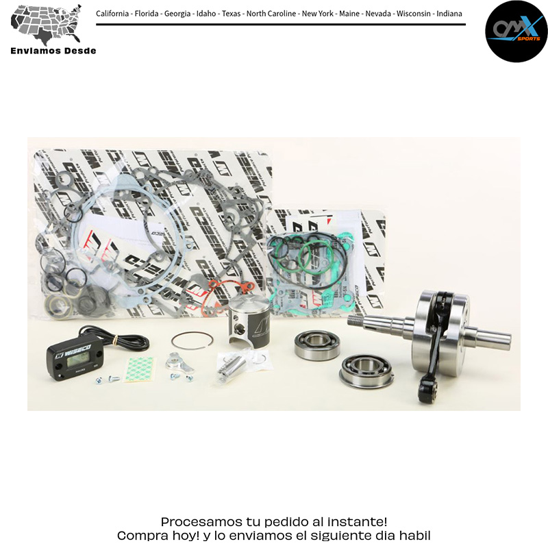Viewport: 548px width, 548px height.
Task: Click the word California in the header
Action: [x=112, y=14]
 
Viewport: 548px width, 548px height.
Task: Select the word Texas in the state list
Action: [x=231, y=14]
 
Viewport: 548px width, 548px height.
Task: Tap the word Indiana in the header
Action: [x=449, y=14]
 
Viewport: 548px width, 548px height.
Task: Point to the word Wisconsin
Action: [x=414, y=14]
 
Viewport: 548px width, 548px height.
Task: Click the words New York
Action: [x=318, y=14]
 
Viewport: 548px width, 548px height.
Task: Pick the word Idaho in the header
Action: [x=206, y=14]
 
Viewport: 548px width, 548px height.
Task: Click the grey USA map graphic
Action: [x=46, y=24]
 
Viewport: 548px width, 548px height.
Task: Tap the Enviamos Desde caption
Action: [x=53, y=51]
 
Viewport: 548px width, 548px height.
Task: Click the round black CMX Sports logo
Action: [x=516, y=32]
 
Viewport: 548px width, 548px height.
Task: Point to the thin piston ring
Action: [x=192, y=340]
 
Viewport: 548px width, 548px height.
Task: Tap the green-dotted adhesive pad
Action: [x=140, y=369]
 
